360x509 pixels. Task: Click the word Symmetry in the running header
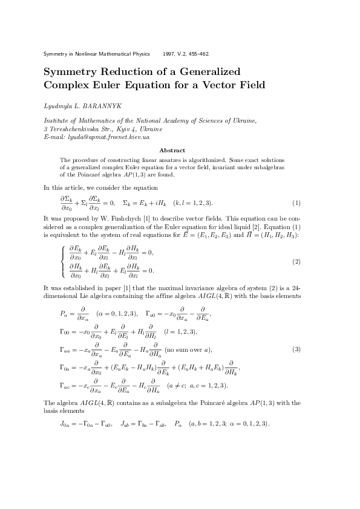(x=57, y=54)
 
